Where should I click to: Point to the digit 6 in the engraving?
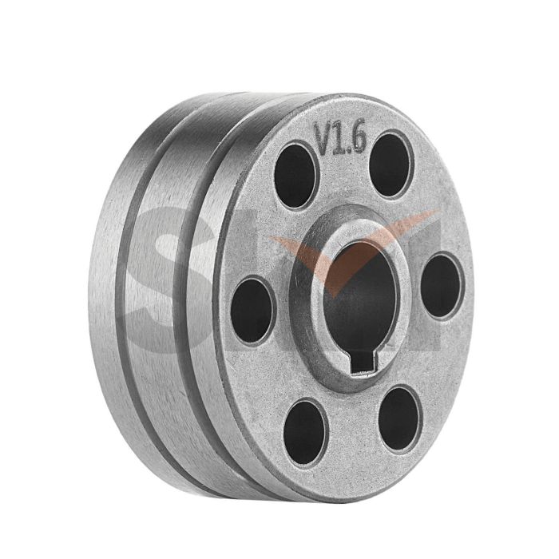click(357, 139)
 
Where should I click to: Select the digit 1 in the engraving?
click(339, 142)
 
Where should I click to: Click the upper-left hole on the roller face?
click(295, 175)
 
